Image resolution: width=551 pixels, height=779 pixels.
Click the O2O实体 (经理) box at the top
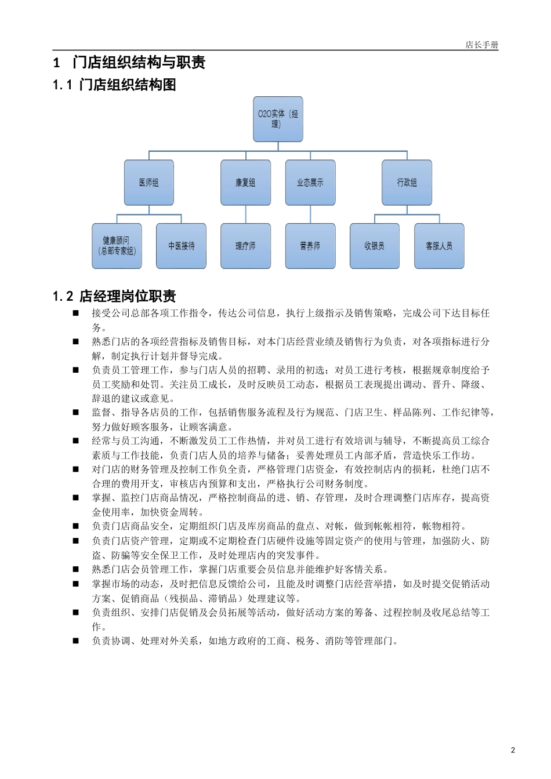point(278,119)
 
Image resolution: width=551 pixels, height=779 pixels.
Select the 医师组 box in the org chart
point(149,183)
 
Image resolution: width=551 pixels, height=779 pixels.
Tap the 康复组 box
point(245,183)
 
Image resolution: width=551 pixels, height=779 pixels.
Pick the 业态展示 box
point(310,183)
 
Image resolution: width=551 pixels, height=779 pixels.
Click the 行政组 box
point(407,183)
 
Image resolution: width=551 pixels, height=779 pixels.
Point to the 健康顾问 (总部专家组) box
point(117,246)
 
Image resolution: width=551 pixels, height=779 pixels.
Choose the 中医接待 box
point(181,246)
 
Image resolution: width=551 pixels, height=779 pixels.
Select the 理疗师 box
point(245,246)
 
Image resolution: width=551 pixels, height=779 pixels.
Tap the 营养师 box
point(310,246)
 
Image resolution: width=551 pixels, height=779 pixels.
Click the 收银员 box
point(375,246)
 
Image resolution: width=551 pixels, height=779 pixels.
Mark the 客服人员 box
point(439,246)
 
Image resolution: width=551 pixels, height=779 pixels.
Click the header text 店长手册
point(481,45)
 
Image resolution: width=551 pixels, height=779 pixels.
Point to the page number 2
point(513,750)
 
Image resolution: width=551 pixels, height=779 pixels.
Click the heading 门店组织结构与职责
point(139,63)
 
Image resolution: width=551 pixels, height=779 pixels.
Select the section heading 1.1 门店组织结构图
point(114,85)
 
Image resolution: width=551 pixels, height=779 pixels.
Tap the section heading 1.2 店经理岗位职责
point(114,297)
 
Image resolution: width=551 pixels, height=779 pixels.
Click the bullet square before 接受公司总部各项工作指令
point(75,313)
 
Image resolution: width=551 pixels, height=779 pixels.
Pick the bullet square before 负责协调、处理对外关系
point(75,641)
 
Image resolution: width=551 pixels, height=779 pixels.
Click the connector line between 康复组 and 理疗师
point(245,214)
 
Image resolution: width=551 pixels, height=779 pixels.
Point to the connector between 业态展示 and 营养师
point(310,214)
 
